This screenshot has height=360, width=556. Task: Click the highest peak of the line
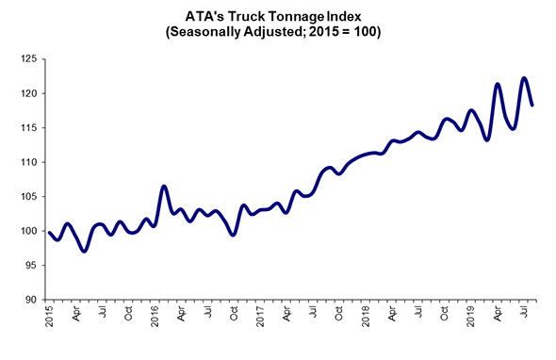click(524, 78)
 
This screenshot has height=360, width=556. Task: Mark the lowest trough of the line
click(84, 251)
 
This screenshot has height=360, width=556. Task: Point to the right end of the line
click(532, 105)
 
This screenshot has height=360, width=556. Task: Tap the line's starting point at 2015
click(49, 232)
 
